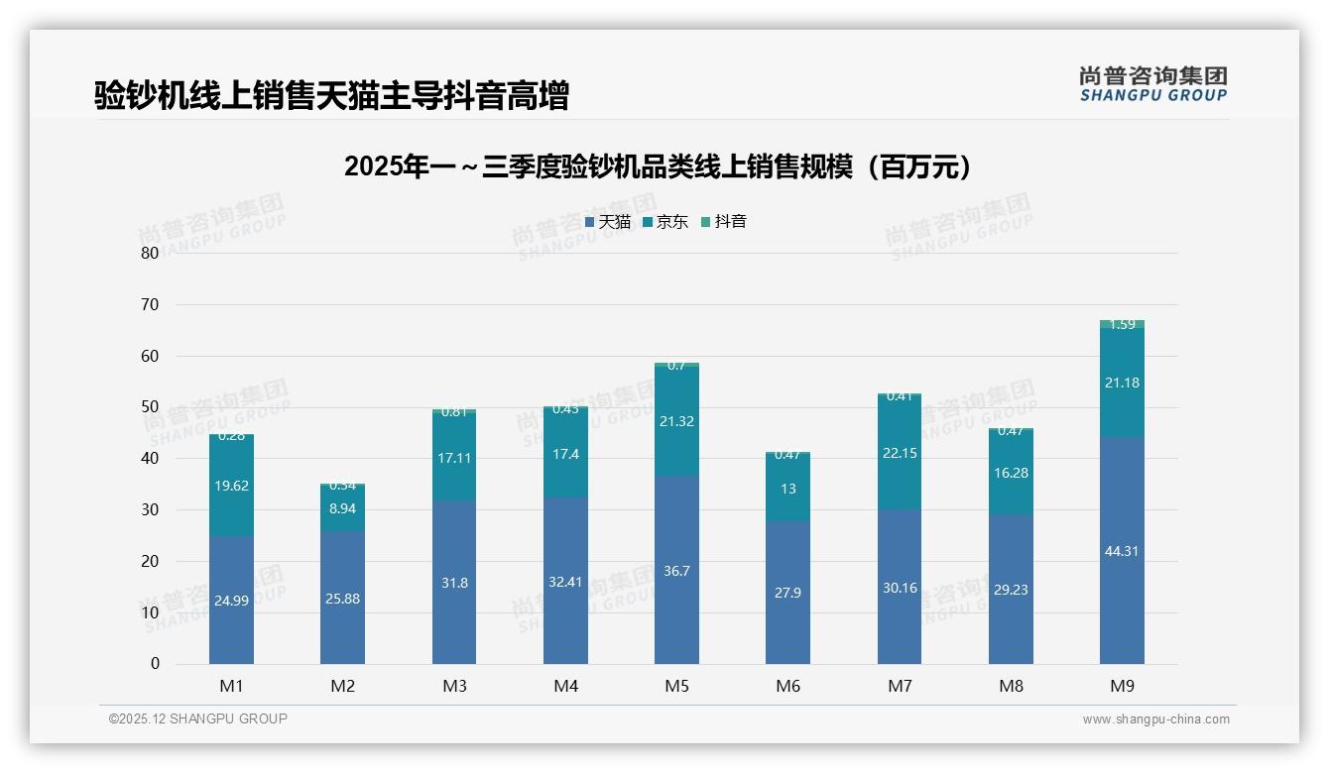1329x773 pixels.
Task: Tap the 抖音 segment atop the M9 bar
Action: click(x=1122, y=324)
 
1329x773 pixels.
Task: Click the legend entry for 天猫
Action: click(x=608, y=222)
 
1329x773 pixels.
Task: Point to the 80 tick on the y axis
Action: click(x=150, y=253)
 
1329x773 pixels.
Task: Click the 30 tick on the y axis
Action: click(x=150, y=509)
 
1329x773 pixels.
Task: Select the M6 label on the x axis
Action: click(x=788, y=686)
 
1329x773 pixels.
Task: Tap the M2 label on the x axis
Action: click(x=343, y=686)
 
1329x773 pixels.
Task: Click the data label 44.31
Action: click(x=1122, y=551)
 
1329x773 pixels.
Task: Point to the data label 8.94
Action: click(x=343, y=507)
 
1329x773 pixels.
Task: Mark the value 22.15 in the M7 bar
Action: click(x=900, y=453)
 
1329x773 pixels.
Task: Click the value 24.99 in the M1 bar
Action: click(x=231, y=601)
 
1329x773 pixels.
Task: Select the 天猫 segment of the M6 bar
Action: click(x=788, y=614)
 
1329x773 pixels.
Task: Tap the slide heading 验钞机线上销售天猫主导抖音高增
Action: click(x=331, y=95)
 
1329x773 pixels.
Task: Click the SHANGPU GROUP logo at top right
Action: click(x=1152, y=84)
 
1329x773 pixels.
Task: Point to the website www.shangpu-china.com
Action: click(x=1155, y=719)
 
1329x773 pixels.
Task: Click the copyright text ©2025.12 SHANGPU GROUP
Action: click(x=198, y=718)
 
